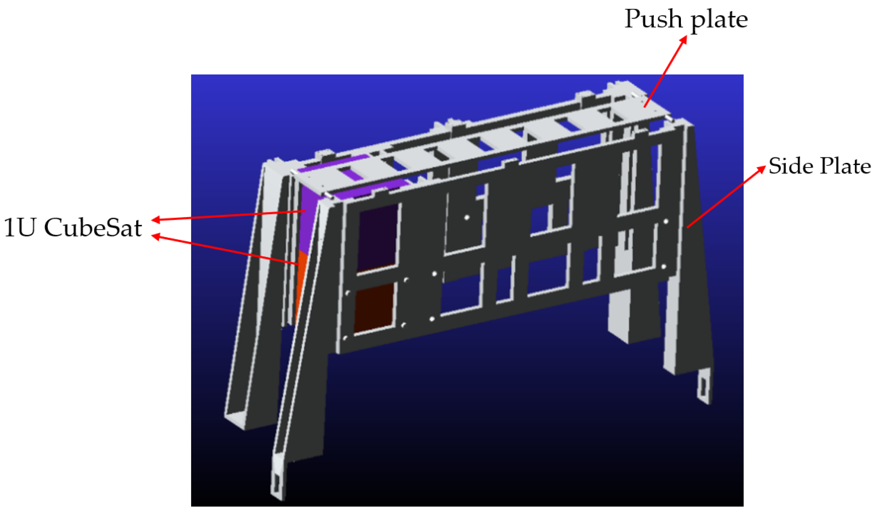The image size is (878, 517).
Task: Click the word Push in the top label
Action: pyautogui.click(x=653, y=19)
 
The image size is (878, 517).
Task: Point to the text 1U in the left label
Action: pyautogui.click(x=19, y=228)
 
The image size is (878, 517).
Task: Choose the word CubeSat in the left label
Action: pyautogui.click(x=93, y=228)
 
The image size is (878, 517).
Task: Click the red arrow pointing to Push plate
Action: pyautogui.click(x=665, y=71)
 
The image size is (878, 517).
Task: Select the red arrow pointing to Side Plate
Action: pyautogui.click(x=726, y=197)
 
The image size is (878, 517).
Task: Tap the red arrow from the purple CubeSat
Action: pyautogui.click(x=228, y=215)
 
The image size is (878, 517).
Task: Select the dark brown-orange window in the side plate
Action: pyautogui.click(x=374, y=307)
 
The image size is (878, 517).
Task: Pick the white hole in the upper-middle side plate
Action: pyautogui.click(x=467, y=217)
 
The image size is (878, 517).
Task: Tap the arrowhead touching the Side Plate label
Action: pyautogui.click(x=761, y=169)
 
